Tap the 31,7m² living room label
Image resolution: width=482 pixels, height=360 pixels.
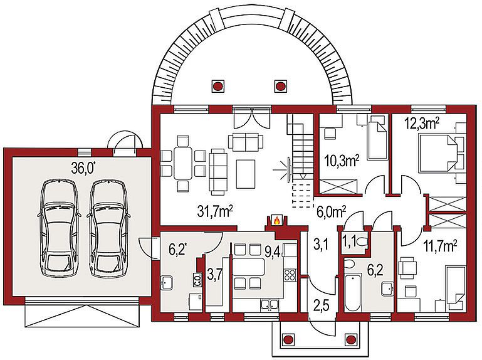[215, 211]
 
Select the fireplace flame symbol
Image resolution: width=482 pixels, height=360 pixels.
[276, 220]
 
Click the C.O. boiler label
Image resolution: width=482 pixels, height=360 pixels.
[198, 280]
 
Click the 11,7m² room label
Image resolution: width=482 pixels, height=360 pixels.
[440, 246]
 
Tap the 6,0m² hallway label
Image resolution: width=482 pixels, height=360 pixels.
[331, 212]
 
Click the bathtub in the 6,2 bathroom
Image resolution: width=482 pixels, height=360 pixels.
[353, 293]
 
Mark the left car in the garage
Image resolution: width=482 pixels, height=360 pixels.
[59, 228]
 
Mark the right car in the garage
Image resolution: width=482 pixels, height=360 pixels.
[108, 228]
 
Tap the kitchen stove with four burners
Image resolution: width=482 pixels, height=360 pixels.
[290, 275]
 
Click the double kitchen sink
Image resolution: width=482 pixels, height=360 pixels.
[270, 304]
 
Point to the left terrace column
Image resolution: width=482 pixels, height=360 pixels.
[217, 86]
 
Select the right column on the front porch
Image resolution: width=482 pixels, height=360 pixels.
[350, 340]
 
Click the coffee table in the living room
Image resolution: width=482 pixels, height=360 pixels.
[246, 174]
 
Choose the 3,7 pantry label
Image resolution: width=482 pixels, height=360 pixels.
[214, 274]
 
